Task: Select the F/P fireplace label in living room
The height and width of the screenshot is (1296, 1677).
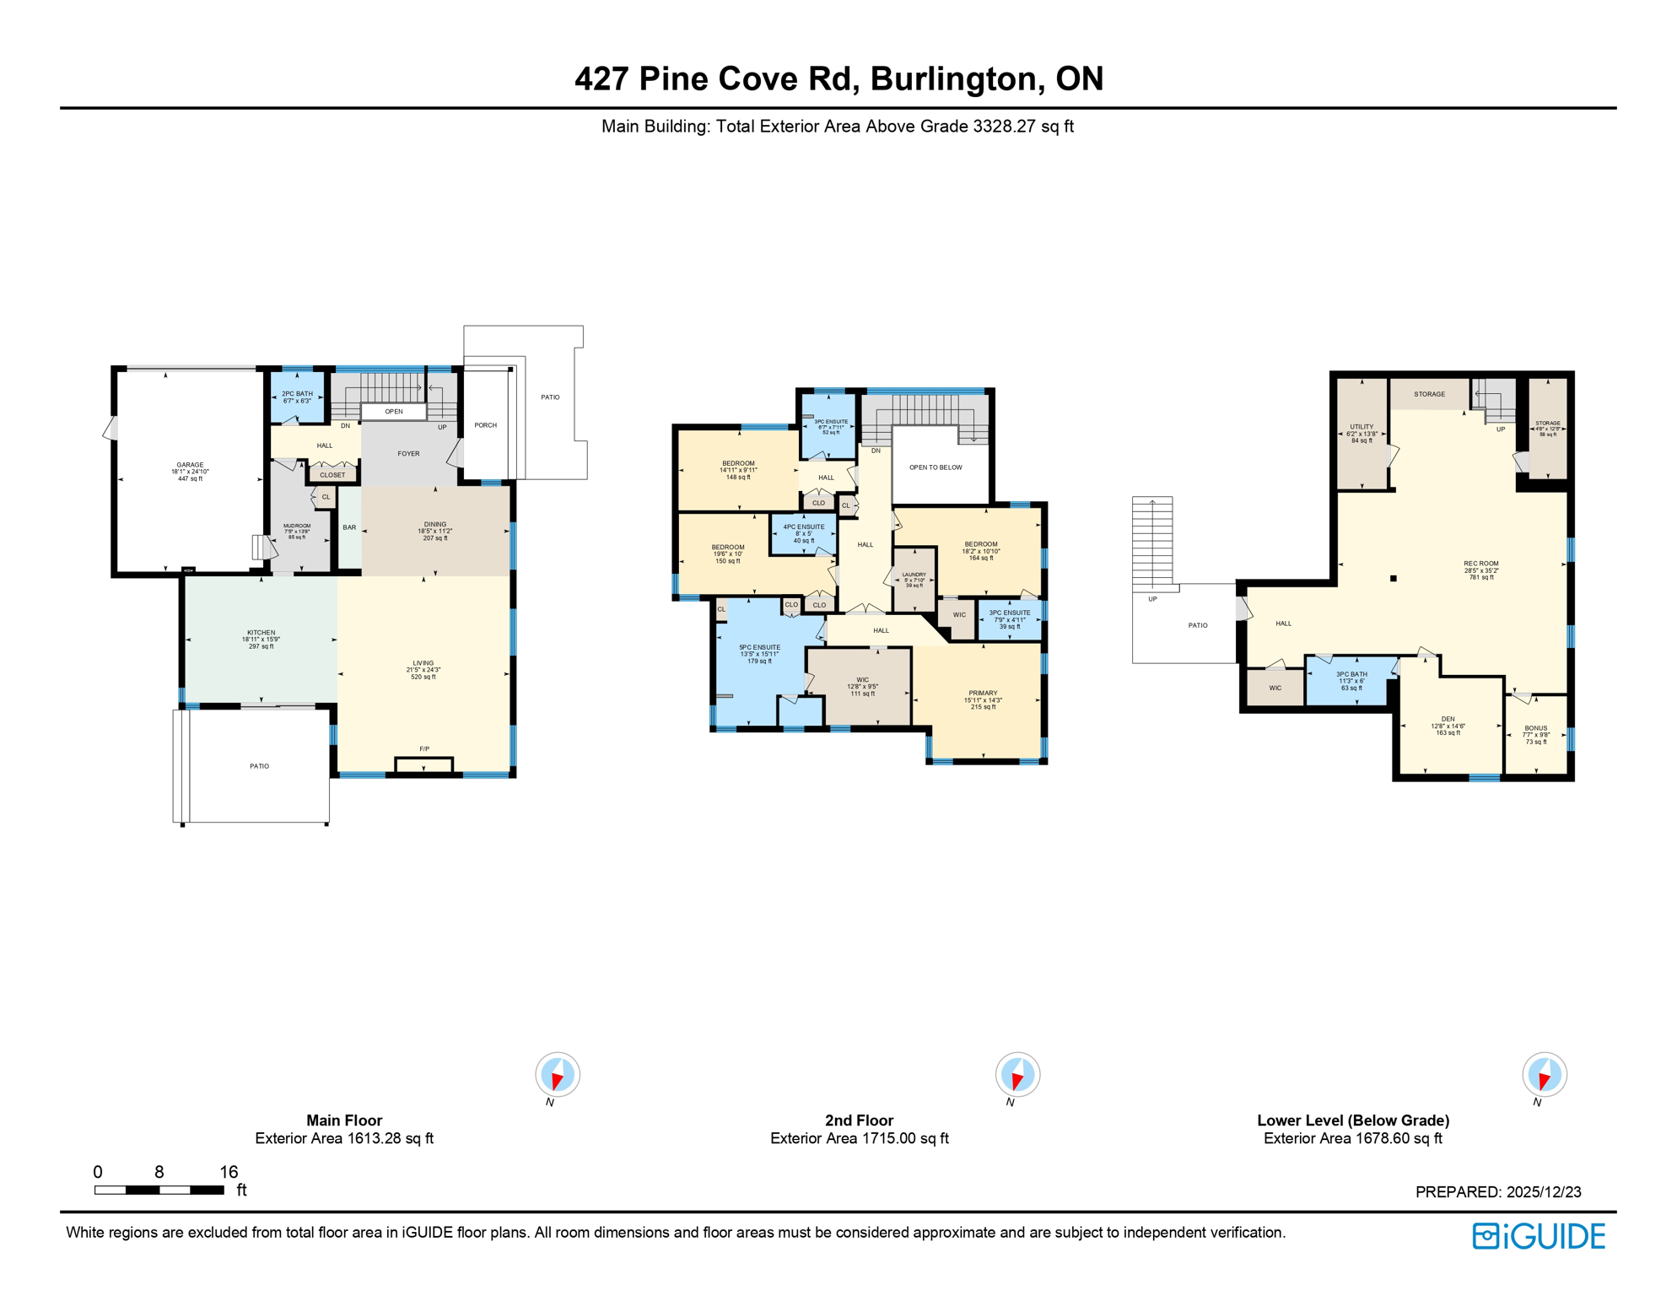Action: point(424,749)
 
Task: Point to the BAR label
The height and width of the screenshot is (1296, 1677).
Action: point(349,527)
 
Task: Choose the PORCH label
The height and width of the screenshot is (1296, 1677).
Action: point(485,425)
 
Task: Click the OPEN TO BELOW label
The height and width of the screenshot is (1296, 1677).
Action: point(936,467)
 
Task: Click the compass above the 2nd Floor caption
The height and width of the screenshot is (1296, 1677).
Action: point(1017,1075)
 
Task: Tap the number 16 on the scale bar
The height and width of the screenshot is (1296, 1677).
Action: point(229,1172)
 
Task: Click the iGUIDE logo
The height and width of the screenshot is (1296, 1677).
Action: point(1539,1236)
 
